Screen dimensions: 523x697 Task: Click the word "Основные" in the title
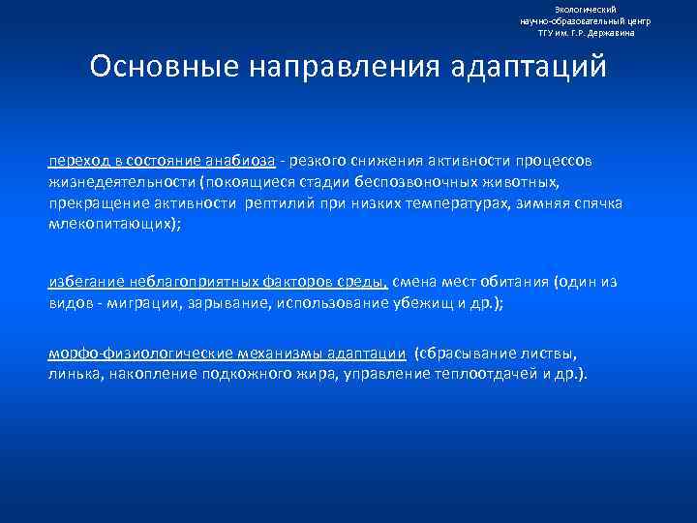161,67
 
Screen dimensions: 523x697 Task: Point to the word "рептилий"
288,203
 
